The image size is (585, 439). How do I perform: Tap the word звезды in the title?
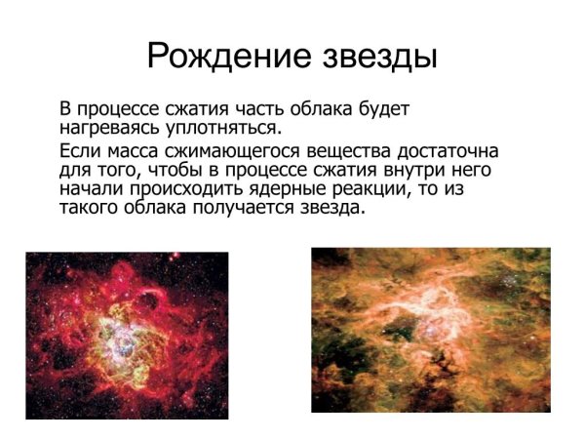coord(379,55)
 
